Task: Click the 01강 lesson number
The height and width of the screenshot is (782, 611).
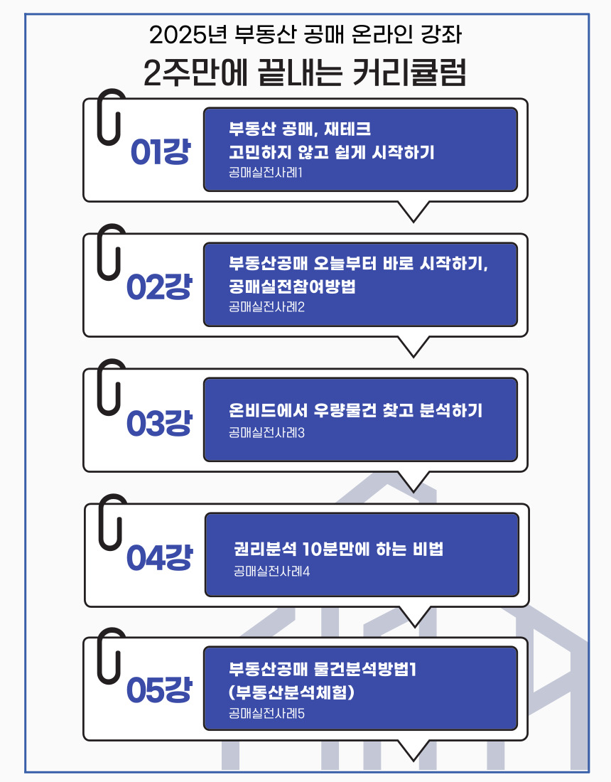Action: pyautogui.click(x=161, y=151)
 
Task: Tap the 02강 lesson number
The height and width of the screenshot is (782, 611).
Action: pyautogui.click(x=159, y=286)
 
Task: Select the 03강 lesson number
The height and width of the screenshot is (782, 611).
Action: pyautogui.click(x=159, y=423)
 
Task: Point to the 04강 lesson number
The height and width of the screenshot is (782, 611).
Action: pyautogui.click(x=159, y=557)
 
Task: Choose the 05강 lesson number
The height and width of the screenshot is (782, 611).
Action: pyautogui.click(x=159, y=690)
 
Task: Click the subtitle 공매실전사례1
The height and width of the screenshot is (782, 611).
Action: pyautogui.click(x=266, y=173)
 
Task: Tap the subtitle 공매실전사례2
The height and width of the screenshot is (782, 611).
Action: pyautogui.click(x=266, y=306)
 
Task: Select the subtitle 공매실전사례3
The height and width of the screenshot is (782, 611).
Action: pyautogui.click(x=266, y=432)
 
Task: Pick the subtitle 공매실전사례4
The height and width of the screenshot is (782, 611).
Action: pyautogui.click(x=271, y=571)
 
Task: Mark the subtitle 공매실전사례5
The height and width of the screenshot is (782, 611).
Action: pyautogui.click(x=266, y=713)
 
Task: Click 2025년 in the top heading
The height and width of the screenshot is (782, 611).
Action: pyautogui.click(x=188, y=34)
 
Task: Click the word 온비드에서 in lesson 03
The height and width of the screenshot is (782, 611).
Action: pyautogui.click(x=268, y=410)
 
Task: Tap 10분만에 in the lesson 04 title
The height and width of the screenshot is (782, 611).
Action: pyautogui.click(x=336, y=549)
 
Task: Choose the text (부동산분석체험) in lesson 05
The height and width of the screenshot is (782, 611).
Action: pyautogui.click(x=291, y=692)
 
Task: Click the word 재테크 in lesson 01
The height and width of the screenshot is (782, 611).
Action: pyautogui.click(x=348, y=129)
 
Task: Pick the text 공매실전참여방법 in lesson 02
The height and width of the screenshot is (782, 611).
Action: pyautogui.click(x=293, y=286)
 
